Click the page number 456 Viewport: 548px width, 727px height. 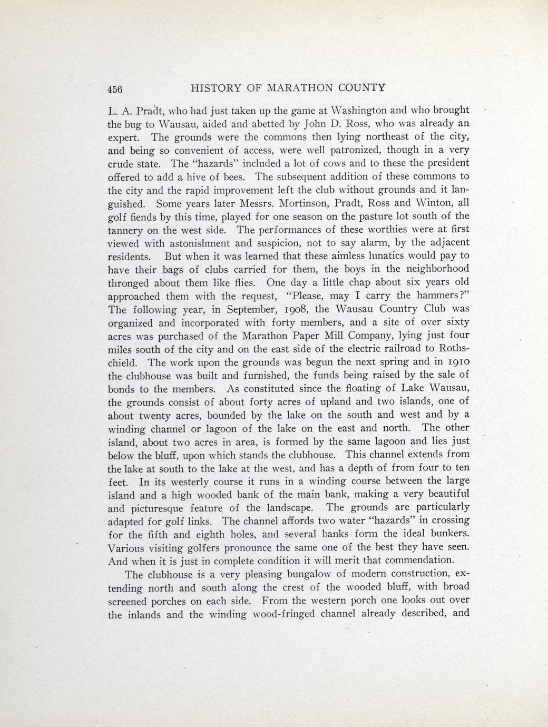click(115, 89)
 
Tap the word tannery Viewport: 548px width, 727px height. click(125, 230)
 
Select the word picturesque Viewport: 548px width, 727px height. click(159, 508)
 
